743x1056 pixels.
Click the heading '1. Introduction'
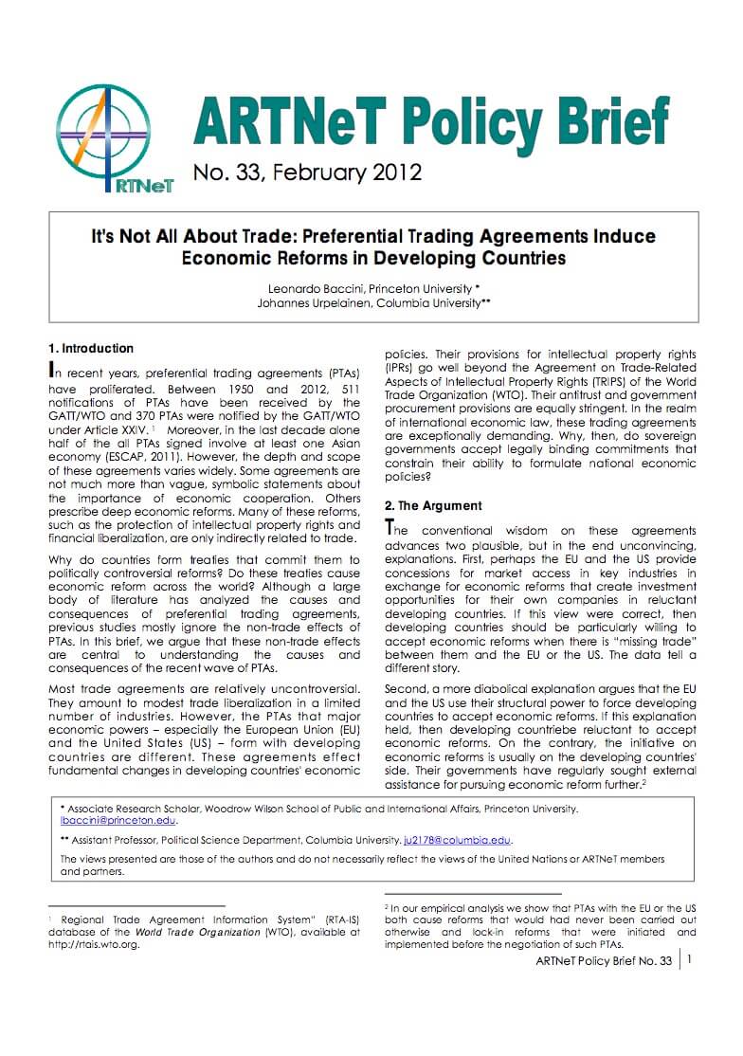pyautogui.click(x=91, y=348)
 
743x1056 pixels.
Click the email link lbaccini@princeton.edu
pyautogui.click(x=118, y=822)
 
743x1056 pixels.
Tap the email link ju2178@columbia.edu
pyautogui.click(x=457, y=840)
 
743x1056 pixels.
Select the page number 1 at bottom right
pyautogui.click(x=689, y=959)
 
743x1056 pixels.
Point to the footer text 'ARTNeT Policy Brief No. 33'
pyautogui.click(x=604, y=960)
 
